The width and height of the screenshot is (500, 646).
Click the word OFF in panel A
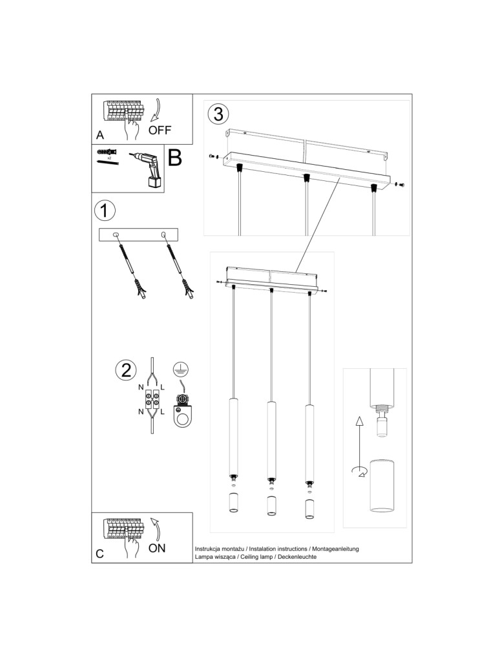point(160,129)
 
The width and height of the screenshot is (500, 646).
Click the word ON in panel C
point(157,548)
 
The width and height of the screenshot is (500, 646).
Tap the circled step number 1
point(105,211)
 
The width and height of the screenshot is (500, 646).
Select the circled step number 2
point(125,370)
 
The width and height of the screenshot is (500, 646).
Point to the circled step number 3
point(218,114)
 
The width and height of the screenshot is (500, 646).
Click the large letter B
point(174,158)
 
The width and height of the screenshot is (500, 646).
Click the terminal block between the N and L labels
point(152,399)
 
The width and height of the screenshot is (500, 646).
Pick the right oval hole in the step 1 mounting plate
point(163,235)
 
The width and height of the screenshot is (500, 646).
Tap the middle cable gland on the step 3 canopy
point(306,178)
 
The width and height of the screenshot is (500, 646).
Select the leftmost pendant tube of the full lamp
point(234,437)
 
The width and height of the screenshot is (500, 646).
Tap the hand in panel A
point(132,131)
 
